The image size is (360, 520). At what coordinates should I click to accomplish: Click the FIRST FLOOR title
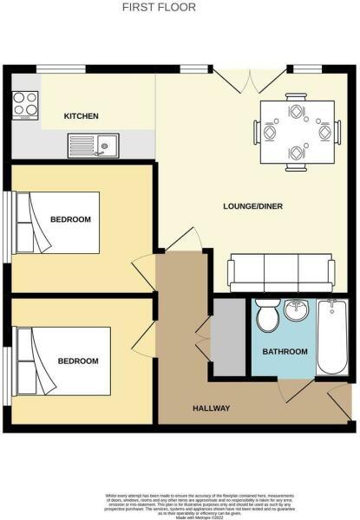coord(159,8)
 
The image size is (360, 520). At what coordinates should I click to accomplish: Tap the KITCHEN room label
coord(82,116)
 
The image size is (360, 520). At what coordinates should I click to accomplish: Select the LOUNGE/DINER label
coord(253,206)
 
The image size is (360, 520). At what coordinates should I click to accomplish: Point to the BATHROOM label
coord(285,351)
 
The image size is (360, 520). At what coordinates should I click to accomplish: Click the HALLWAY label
coord(211,408)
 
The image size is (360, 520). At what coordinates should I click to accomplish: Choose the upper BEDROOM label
coord(70,219)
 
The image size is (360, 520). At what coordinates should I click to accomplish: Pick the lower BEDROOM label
coord(78,361)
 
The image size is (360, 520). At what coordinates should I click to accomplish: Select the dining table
coord(297,132)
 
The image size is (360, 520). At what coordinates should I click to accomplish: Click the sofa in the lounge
coord(279,274)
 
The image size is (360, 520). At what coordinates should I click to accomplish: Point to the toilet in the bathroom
coord(267,316)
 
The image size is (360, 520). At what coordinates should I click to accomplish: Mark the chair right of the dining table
coord(325,133)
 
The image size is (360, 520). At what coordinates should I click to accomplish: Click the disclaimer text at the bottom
coord(180,500)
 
